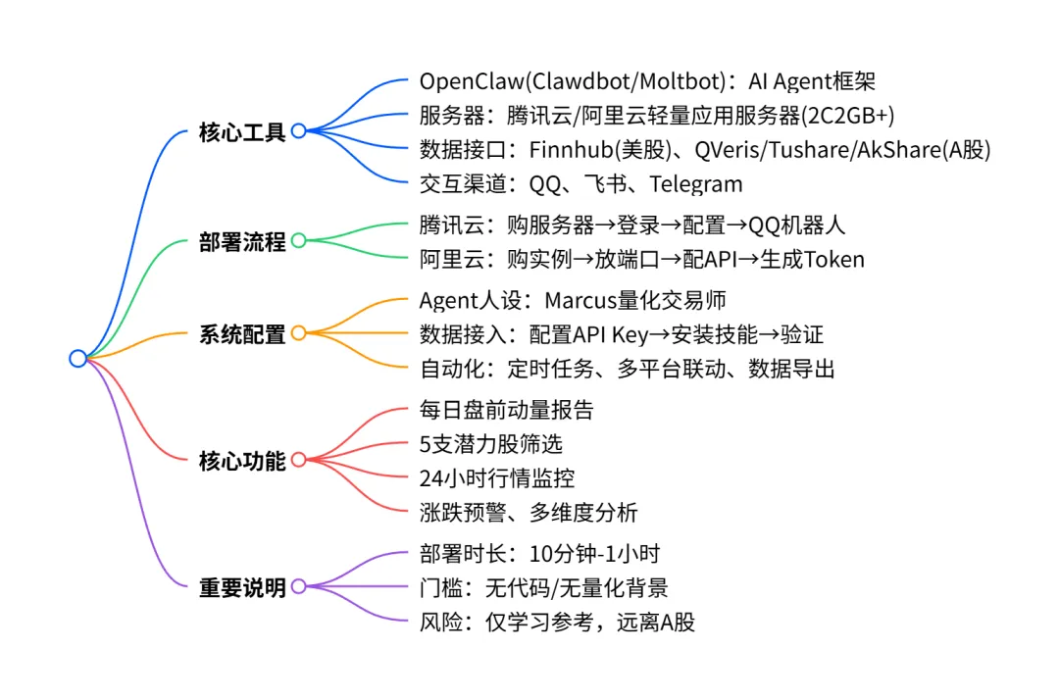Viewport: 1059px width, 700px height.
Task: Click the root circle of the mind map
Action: tap(78, 358)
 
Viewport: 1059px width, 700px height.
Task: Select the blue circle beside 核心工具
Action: tap(299, 130)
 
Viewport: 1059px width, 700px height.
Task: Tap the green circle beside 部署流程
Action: tap(299, 240)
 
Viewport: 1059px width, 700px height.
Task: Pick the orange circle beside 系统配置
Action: tap(299, 333)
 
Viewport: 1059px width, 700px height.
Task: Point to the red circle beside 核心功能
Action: tap(299, 459)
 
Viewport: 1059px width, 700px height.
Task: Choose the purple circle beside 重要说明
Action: tap(299, 586)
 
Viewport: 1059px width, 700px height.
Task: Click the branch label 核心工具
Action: tap(242, 131)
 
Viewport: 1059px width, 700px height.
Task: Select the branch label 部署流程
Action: tap(242, 241)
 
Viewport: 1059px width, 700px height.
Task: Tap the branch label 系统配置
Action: tap(242, 334)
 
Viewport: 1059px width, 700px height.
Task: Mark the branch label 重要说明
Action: tap(242, 587)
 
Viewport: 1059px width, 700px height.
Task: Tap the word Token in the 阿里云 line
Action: tap(833, 259)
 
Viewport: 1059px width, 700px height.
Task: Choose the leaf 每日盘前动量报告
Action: tap(506, 409)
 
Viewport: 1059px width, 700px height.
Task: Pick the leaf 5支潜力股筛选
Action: tap(490, 443)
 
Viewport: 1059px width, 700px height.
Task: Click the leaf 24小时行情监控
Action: tap(496, 477)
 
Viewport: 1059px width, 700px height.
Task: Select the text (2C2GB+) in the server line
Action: tap(848, 115)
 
